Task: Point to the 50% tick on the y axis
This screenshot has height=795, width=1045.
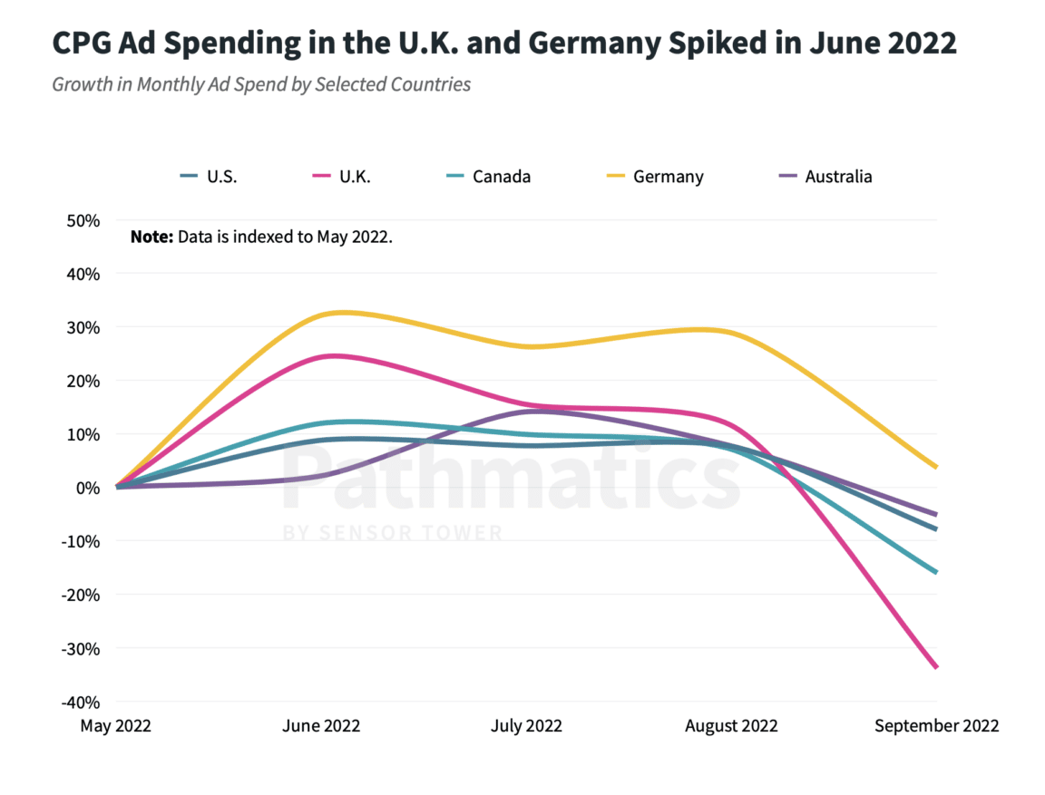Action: (81, 220)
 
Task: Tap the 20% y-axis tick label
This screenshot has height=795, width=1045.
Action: (81, 381)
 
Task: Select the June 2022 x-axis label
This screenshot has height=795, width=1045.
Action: (321, 726)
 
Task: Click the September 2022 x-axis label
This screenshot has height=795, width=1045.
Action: (936, 726)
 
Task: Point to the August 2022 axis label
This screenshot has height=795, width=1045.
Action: (731, 726)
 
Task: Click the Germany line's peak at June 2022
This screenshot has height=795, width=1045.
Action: (340, 313)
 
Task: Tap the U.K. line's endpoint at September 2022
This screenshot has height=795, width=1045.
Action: (936, 667)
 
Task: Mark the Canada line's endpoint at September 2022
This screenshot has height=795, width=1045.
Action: (936, 572)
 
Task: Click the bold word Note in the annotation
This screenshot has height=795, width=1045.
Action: (151, 238)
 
